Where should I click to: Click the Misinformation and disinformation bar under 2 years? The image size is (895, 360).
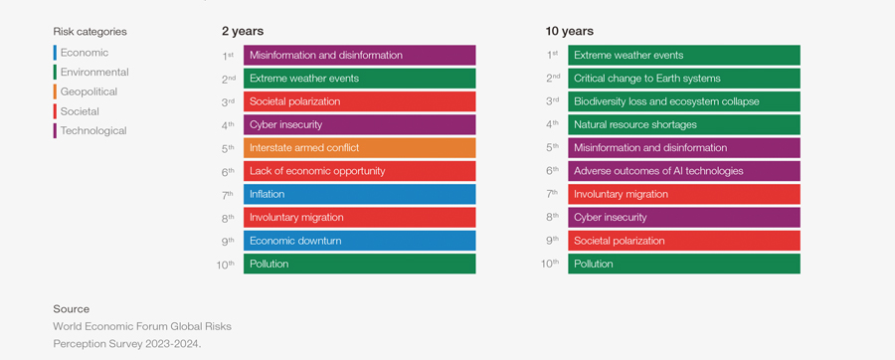click(x=359, y=56)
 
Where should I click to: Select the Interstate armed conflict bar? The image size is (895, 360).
click(x=359, y=148)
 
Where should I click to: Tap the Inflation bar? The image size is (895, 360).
click(x=359, y=195)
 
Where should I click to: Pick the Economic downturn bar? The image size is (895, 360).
click(x=359, y=241)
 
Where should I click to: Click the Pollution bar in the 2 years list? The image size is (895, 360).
click(x=359, y=265)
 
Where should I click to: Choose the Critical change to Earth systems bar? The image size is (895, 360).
click(x=683, y=79)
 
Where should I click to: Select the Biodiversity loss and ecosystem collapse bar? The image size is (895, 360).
click(x=683, y=101)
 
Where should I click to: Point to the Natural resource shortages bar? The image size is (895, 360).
click(x=683, y=125)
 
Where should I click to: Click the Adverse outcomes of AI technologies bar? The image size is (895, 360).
click(x=683, y=171)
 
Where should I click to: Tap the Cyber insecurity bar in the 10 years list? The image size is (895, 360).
click(x=683, y=218)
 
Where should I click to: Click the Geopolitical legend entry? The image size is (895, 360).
click(x=89, y=91)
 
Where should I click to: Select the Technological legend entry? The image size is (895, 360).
click(x=92, y=130)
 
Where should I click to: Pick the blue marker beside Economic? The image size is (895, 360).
click(x=55, y=53)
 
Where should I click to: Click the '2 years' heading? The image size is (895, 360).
click(x=243, y=32)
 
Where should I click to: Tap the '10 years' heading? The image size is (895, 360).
click(x=570, y=32)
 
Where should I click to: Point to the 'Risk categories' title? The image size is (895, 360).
click(x=89, y=32)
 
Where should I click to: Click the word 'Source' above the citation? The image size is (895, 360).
click(x=72, y=309)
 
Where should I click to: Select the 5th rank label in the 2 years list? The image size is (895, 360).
click(x=228, y=148)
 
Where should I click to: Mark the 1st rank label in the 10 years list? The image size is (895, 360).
click(x=552, y=56)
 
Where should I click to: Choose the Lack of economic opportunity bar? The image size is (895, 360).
click(x=359, y=171)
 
